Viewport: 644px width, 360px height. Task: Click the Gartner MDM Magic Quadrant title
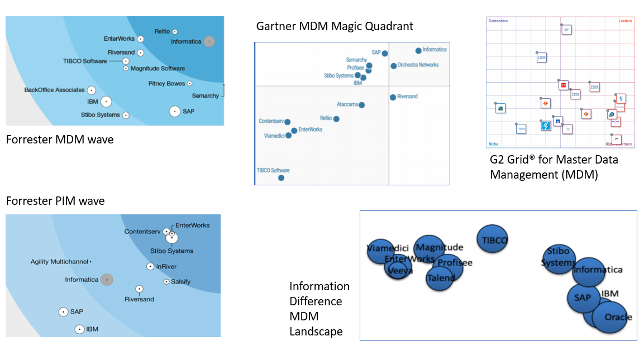335,26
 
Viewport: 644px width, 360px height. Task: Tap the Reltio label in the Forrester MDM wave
162,31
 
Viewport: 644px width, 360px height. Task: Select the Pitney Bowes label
166,84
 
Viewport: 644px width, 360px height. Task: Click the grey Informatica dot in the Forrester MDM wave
209,41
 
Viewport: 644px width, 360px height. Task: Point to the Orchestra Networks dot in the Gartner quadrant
394,66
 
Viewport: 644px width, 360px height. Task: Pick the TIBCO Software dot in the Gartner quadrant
281,178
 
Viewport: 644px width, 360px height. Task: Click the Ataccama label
347,104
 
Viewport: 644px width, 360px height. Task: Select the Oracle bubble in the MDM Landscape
610,317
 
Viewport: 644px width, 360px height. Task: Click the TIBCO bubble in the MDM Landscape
492,240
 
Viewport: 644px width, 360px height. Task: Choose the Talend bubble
440,278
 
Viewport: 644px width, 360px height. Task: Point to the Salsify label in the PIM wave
180,282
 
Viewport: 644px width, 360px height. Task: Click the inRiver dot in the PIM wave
150,267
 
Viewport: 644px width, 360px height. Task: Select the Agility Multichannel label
59,262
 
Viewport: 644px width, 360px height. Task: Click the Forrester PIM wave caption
55,201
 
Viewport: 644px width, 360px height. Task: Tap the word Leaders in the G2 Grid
625,21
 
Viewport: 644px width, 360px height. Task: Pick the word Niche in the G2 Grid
493,144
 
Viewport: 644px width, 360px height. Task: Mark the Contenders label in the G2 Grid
498,21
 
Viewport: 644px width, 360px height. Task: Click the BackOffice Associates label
54,90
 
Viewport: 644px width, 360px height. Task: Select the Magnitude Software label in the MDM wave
158,69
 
